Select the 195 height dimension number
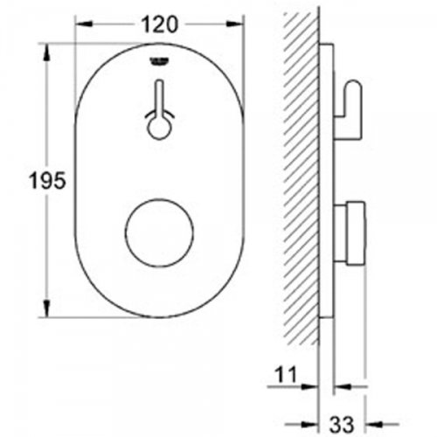20,181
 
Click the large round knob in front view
158,237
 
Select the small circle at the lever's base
159,128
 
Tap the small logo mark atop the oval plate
159,60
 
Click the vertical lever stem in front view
159,100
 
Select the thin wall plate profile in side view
326,175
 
